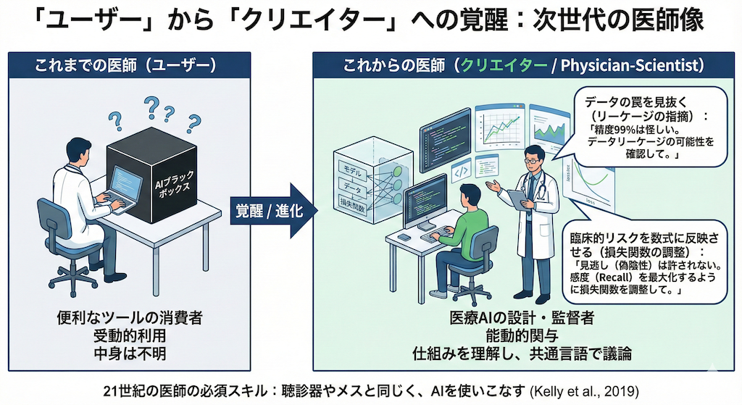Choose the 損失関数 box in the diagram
(x=352, y=206)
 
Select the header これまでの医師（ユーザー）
(x=125, y=66)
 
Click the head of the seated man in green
(x=470, y=194)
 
